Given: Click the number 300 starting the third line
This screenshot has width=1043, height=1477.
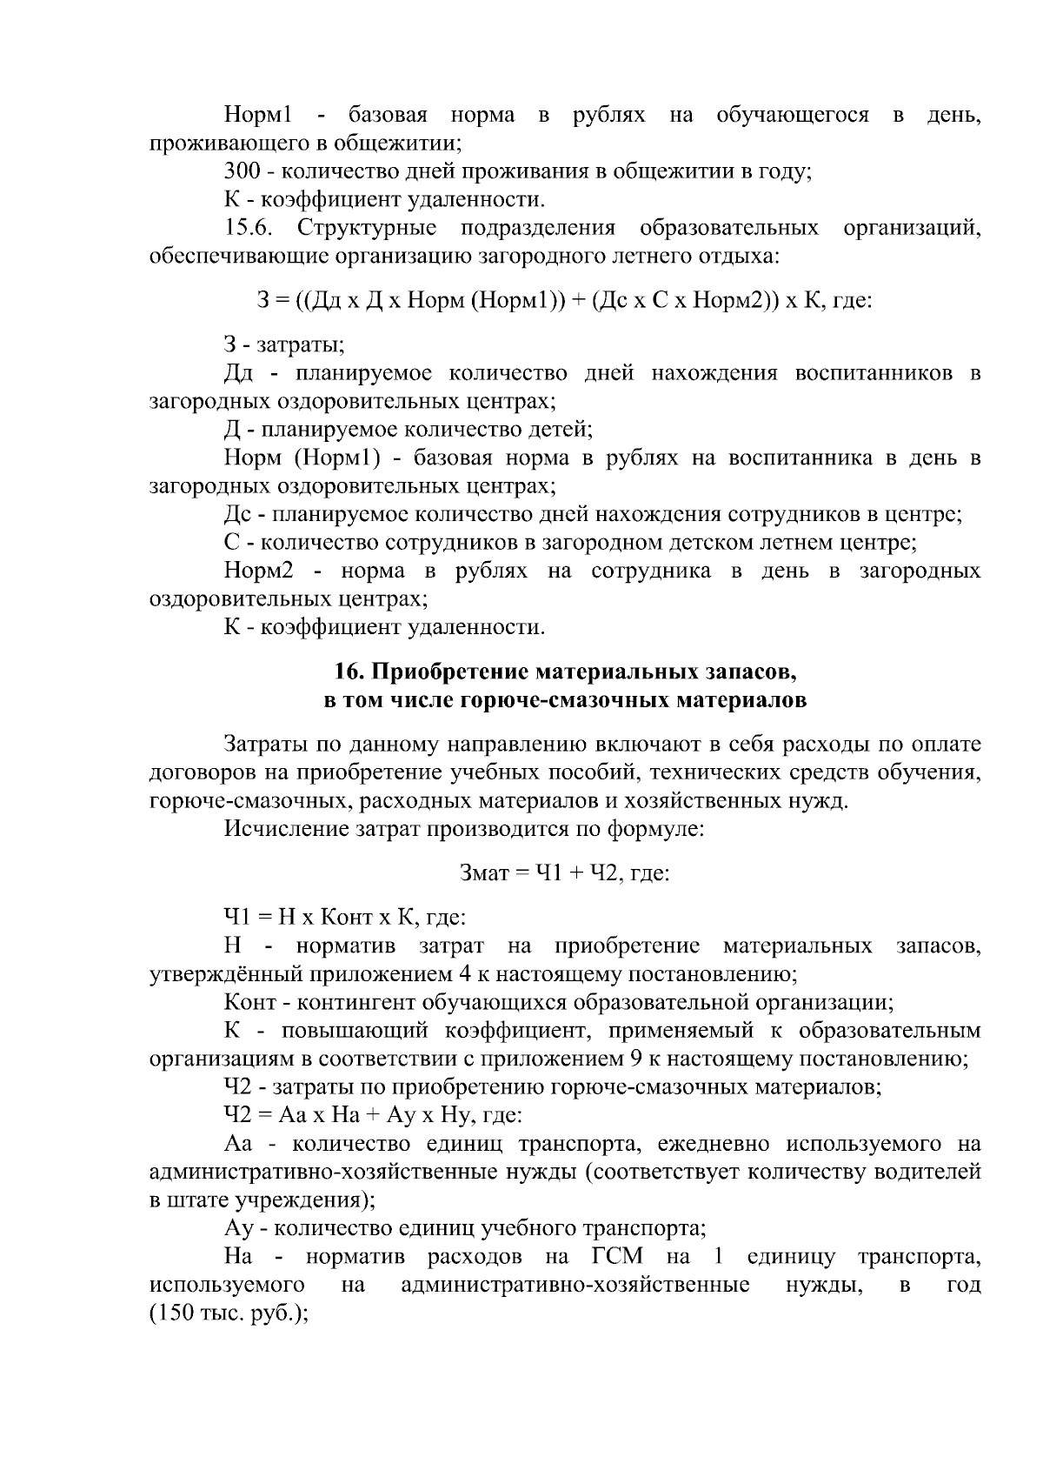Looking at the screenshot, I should (242, 170).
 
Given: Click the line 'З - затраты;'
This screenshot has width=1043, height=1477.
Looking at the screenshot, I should (284, 345).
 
